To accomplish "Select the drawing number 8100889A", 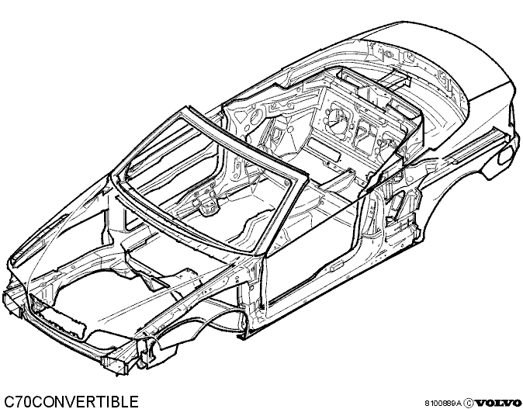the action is coord(443,404).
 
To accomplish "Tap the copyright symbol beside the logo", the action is coord(469,403).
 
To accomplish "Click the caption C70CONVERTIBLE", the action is coord(71,401).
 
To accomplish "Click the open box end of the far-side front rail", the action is coord(12,303).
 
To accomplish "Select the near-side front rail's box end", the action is coord(117,363).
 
